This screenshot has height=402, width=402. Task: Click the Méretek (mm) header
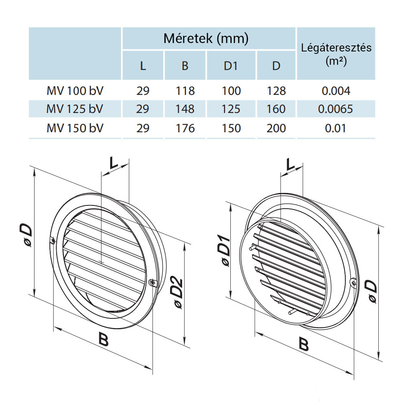pos(206,39)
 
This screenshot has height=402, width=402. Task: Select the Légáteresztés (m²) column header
pos(336,54)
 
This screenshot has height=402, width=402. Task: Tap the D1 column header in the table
pos(231,66)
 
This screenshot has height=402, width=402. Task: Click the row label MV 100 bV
pos(75,91)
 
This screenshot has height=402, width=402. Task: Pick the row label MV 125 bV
pos(75,109)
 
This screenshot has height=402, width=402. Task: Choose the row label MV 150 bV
pos(75,128)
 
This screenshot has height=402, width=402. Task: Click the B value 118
pos(185,91)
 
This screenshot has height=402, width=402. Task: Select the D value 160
pos(276,109)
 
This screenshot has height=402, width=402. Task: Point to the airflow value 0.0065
pos(336,109)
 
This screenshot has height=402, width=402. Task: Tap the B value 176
pos(185,128)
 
